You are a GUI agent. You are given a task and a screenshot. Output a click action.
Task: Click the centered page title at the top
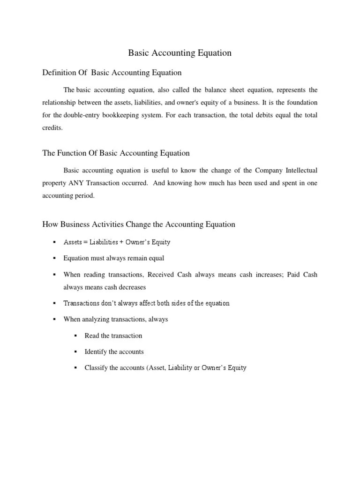[180, 53]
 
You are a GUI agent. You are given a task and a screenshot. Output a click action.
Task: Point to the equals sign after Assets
[85, 242]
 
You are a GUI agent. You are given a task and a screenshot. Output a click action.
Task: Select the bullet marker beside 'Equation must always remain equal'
[55, 258]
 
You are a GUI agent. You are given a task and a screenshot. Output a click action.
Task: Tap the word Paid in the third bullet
[294, 274]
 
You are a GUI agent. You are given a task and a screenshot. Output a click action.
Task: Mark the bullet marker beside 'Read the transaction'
[76, 335]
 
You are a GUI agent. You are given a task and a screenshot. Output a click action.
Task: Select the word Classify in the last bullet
[96, 368]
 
